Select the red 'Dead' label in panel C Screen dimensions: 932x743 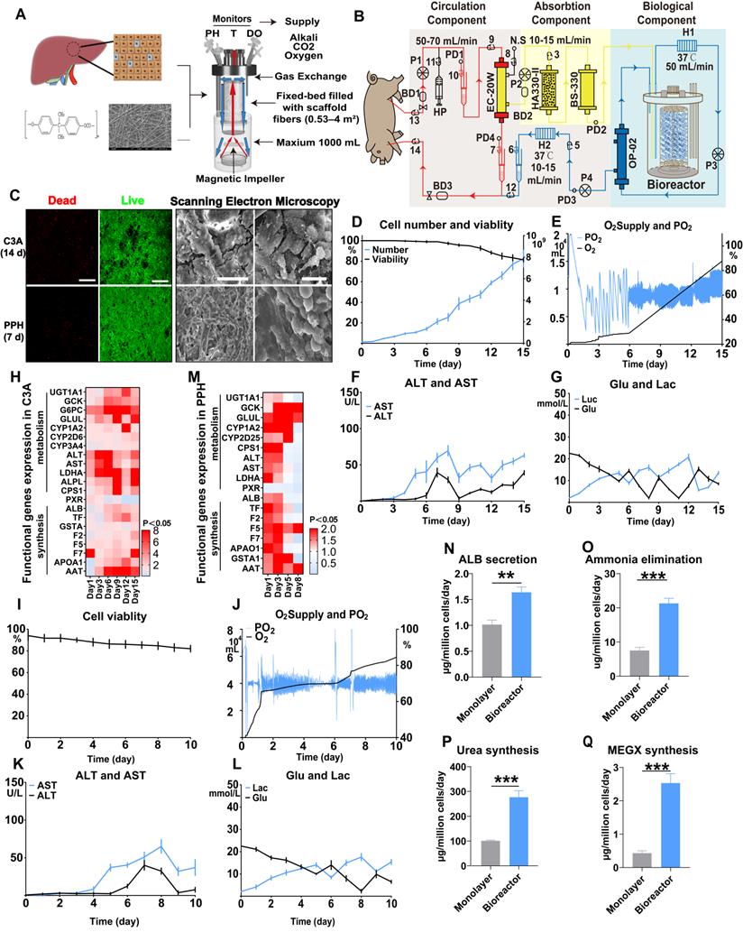(60, 196)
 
